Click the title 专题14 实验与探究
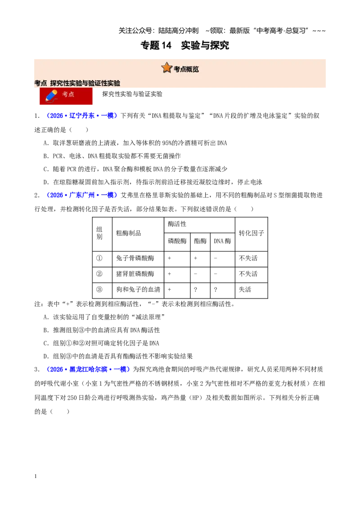click(184, 45)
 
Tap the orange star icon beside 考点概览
click(166, 67)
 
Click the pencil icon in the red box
click(52, 95)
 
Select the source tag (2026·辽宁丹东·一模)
click(82, 116)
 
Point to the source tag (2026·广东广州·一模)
click(82, 195)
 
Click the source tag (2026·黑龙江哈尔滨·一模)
click(88, 369)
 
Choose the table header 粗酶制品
click(129, 233)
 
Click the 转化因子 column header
click(251, 233)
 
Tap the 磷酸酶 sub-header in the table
click(177, 241)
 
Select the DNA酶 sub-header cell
click(222, 241)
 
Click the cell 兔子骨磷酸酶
click(135, 258)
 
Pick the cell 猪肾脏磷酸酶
click(135, 274)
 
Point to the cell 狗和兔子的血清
click(138, 289)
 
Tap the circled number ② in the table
click(99, 274)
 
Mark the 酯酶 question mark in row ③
click(195, 290)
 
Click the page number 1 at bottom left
click(36, 476)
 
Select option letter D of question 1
click(46, 182)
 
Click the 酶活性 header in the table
click(177, 224)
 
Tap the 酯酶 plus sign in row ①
click(195, 258)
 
